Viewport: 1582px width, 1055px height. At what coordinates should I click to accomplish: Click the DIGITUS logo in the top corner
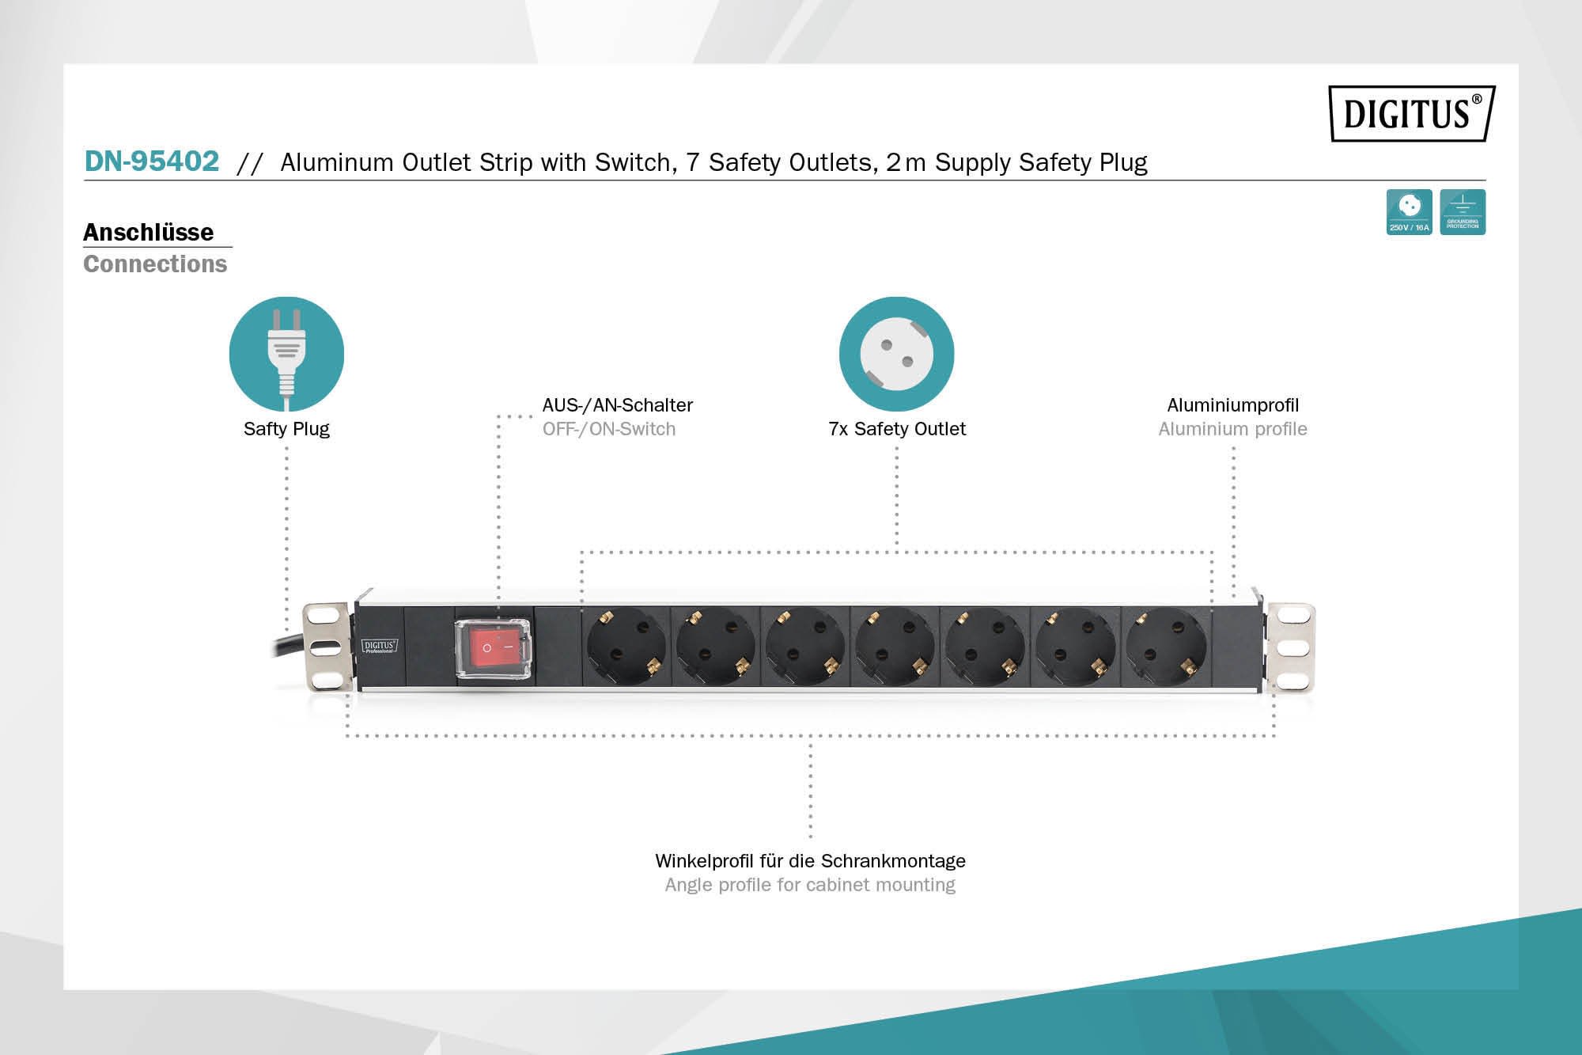pos(1411,113)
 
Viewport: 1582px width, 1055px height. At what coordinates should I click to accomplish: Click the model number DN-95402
pos(152,161)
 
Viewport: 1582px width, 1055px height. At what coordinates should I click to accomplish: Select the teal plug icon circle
pos(286,354)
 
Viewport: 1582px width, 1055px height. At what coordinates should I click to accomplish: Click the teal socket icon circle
pos(896,354)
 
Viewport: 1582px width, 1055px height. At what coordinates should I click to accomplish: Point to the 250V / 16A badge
pos(1409,212)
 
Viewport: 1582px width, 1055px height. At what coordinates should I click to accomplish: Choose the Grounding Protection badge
pos(1463,212)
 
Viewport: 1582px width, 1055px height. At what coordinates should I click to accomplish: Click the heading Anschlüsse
pos(149,232)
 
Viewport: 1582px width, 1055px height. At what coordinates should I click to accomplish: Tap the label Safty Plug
pos(286,429)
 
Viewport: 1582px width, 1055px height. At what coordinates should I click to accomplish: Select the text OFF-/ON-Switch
pos(609,429)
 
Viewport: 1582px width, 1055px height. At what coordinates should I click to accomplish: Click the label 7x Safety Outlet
pos(897,429)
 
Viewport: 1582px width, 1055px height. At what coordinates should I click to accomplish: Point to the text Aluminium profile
pos(1232,429)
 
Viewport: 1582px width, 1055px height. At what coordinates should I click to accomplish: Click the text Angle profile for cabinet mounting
pos(810,885)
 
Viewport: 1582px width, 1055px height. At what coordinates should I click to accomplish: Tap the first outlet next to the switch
pos(626,647)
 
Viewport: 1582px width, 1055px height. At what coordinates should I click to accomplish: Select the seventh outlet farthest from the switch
pos(1166,647)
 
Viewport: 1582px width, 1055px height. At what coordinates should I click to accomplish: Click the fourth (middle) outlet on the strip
pos(895,647)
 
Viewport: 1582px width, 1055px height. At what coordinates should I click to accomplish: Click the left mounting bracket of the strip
pos(327,647)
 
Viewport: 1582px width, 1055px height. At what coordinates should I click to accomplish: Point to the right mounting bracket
pos(1291,647)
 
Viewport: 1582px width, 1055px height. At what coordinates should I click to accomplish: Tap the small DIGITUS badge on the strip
pos(379,647)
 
